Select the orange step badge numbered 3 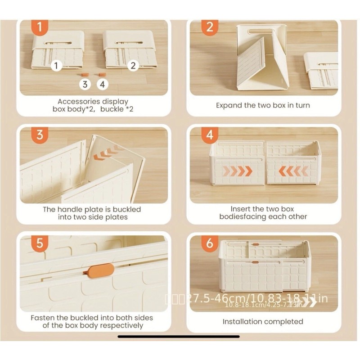point(40,135)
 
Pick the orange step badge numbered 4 point(209,135)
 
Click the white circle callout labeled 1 point(56,66)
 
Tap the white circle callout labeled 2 point(133,66)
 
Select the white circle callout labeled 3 point(85,84)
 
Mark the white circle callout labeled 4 point(102,84)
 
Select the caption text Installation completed point(263,321)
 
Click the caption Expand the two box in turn point(263,105)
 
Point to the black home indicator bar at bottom point(180,336)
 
